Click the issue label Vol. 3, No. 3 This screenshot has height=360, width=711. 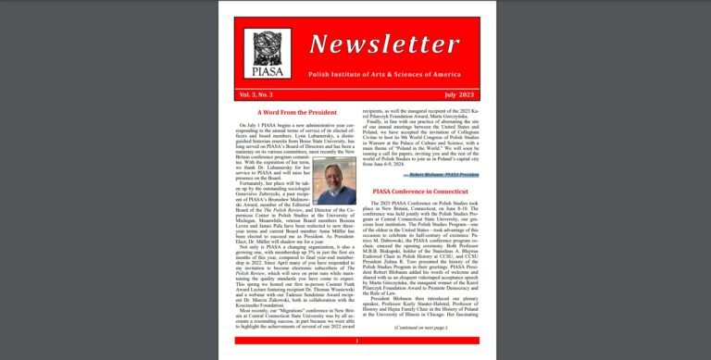pyautogui.click(x=256, y=95)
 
